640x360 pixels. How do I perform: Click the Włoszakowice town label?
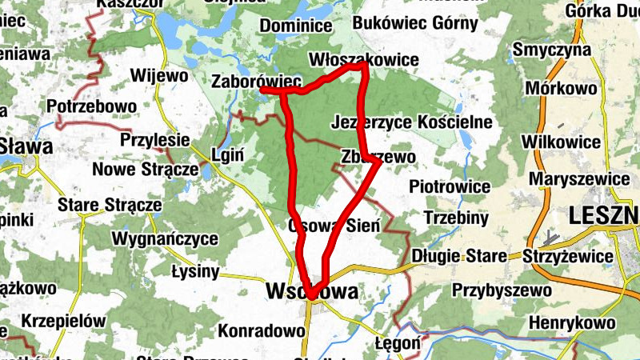pyautogui.click(x=364, y=60)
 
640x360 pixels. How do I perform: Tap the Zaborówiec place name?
pyautogui.click(x=256, y=81)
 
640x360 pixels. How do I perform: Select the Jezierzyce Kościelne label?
pyautogui.click(x=411, y=122)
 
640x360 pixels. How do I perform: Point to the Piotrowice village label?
pyautogui.click(x=449, y=186)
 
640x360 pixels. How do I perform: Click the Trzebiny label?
pyautogui.click(x=456, y=218)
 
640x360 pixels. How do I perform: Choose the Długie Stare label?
pyautogui.click(x=459, y=257)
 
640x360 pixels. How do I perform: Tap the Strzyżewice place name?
pyautogui.click(x=568, y=257)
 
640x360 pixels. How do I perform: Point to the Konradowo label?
pyautogui.click(x=256, y=329)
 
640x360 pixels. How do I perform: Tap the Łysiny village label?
pyautogui.click(x=195, y=271)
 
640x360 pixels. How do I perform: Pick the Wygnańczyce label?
pyautogui.click(x=165, y=238)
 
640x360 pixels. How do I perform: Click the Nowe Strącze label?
pyautogui.click(x=145, y=170)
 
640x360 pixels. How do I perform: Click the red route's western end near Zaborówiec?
pyautogui.click(x=263, y=91)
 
